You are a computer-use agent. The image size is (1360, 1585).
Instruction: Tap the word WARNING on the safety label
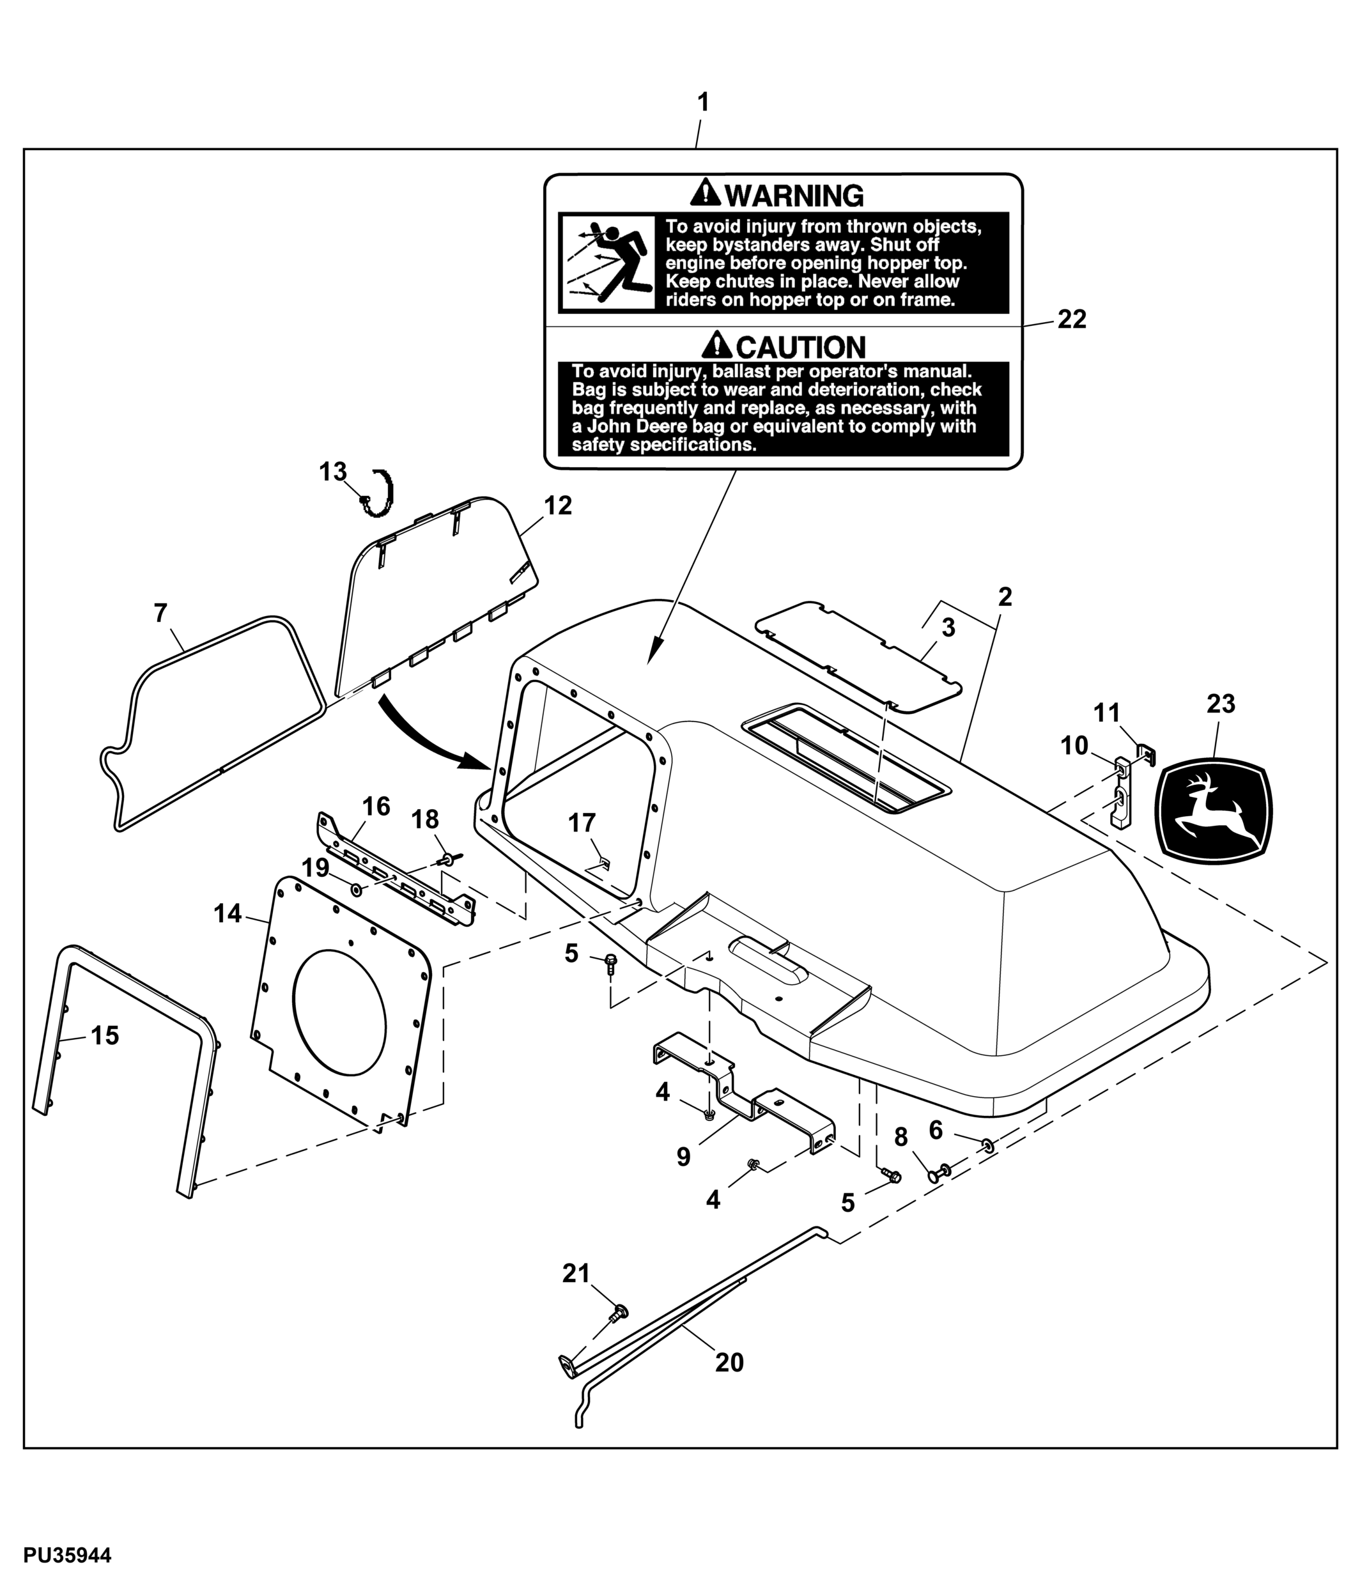coord(794,196)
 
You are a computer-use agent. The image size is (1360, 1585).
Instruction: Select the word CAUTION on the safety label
coord(800,347)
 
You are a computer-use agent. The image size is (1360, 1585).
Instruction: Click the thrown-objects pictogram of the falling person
coord(607,263)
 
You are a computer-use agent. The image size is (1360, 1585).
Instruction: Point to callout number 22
coord(1072,320)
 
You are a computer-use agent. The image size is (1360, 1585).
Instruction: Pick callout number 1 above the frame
coord(703,102)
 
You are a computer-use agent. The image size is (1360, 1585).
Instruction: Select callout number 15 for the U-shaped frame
coord(105,1036)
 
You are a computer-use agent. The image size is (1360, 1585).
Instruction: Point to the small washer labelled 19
coord(357,889)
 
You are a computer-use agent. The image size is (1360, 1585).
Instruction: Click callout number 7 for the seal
coord(160,614)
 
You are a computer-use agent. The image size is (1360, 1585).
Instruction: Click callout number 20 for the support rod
coord(729,1362)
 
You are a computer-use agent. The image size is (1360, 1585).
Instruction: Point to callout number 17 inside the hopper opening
coord(582,823)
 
